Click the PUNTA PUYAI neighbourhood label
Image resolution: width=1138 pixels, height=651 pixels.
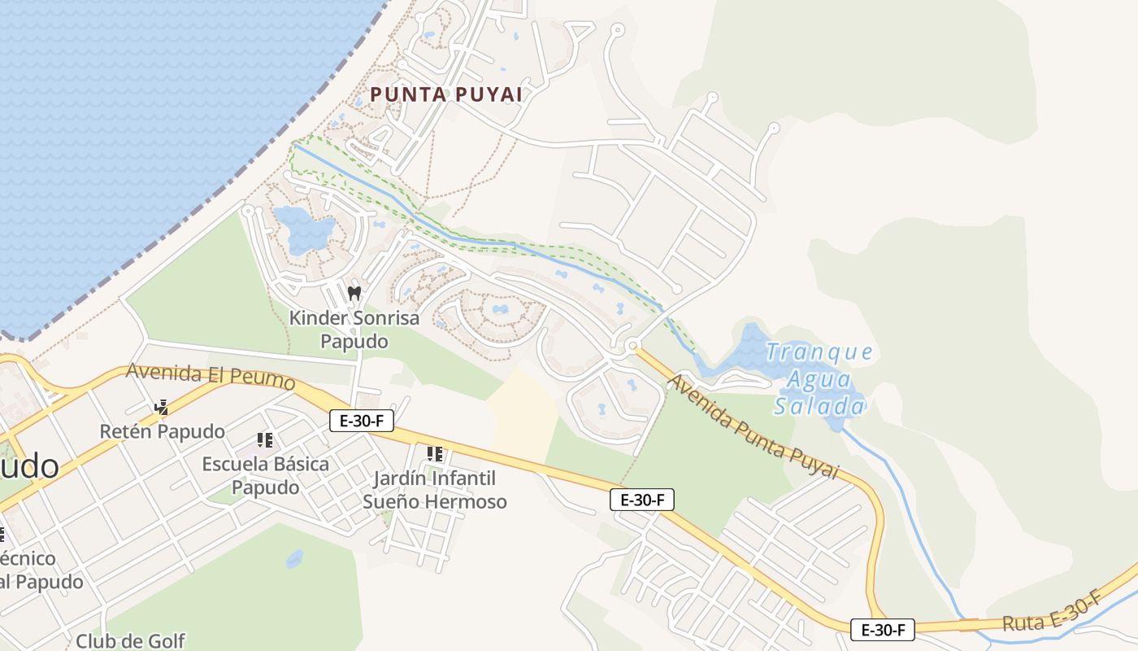pyautogui.click(x=445, y=94)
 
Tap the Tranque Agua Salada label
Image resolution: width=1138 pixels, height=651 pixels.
pyautogui.click(x=819, y=379)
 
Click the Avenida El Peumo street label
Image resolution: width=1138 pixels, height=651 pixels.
pyautogui.click(x=211, y=376)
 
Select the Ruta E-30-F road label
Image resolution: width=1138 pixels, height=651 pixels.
pyautogui.click(x=1052, y=613)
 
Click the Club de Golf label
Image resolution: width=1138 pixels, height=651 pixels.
pyautogui.click(x=130, y=640)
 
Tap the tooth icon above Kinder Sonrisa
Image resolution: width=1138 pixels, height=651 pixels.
pyautogui.click(x=354, y=293)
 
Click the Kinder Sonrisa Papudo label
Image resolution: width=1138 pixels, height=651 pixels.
pyautogui.click(x=354, y=329)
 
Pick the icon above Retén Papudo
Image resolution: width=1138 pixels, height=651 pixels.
pyautogui.click(x=161, y=407)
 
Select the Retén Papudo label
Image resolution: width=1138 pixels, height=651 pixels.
pyautogui.click(x=162, y=430)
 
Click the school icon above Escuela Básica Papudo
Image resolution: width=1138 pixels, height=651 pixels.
pyautogui.click(x=265, y=440)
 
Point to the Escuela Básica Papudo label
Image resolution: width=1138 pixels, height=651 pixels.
pyautogui.click(x=266, y=475)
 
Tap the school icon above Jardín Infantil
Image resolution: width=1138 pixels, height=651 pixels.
pyautogui.click(x=435, y=453)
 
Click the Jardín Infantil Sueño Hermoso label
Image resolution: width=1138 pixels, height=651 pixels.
pyautogui.click(x=435, y=490)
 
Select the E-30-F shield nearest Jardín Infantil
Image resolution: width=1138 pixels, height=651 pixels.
pyautogui.click(x=362, y=421)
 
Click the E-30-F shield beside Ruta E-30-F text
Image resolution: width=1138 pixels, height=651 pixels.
pyautogui.click(x=883, y=629)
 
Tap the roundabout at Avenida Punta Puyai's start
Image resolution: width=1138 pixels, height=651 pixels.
pyautogui.click(x=632, y=347)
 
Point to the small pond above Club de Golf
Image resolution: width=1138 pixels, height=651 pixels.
pyautogui.click(x=294, y=559)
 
